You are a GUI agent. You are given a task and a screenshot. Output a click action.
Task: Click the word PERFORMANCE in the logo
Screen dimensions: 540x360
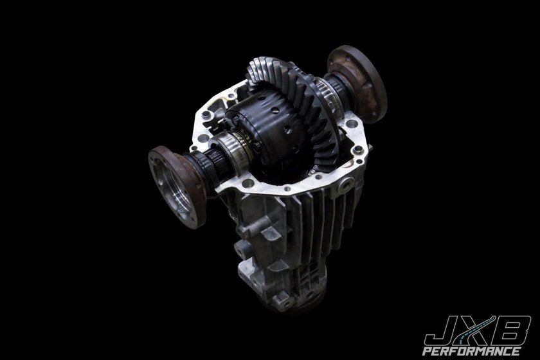click(x=471, y=351)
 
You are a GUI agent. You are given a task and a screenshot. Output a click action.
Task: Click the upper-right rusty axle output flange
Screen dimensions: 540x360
click(x=358, y=84)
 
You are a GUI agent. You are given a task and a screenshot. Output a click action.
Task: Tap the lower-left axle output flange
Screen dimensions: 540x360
click(x=176, y=186)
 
